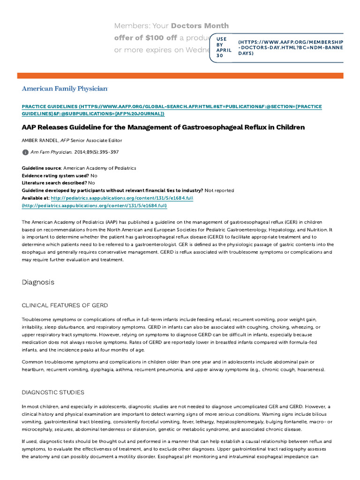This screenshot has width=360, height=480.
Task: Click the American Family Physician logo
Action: (65, 88)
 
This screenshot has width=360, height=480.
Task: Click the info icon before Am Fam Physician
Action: (25, 152)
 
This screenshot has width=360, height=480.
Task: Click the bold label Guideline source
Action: (42, 168)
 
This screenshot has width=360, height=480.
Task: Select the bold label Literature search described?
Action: (54, 183)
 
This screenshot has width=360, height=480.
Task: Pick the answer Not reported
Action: (219, 190)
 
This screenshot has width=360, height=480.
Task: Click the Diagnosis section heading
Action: (38, 282)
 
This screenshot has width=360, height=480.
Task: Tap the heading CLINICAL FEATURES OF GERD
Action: (65, 305)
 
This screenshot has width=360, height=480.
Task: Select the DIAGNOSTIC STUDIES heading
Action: (53, 392)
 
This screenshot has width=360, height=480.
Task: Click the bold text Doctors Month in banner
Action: (200, 25)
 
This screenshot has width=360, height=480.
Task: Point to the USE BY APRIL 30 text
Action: (221, 47)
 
